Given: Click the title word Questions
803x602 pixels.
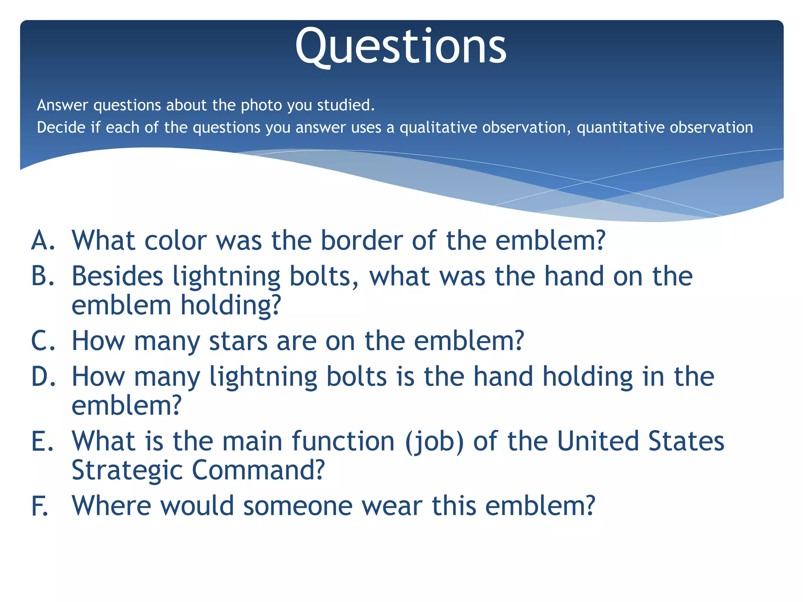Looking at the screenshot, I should [401, 47].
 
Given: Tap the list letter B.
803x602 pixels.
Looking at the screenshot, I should [42, 276].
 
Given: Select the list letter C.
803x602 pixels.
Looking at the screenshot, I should [43, 341].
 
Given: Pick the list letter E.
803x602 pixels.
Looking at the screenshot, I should [42, 441].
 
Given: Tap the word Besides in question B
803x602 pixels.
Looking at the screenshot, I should [117, 276].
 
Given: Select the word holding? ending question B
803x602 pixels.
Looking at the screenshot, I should [231, 306].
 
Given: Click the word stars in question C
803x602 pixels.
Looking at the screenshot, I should [238, 341].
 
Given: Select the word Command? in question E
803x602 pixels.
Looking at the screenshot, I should [258, 470].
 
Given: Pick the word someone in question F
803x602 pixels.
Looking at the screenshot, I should [298, 506].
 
